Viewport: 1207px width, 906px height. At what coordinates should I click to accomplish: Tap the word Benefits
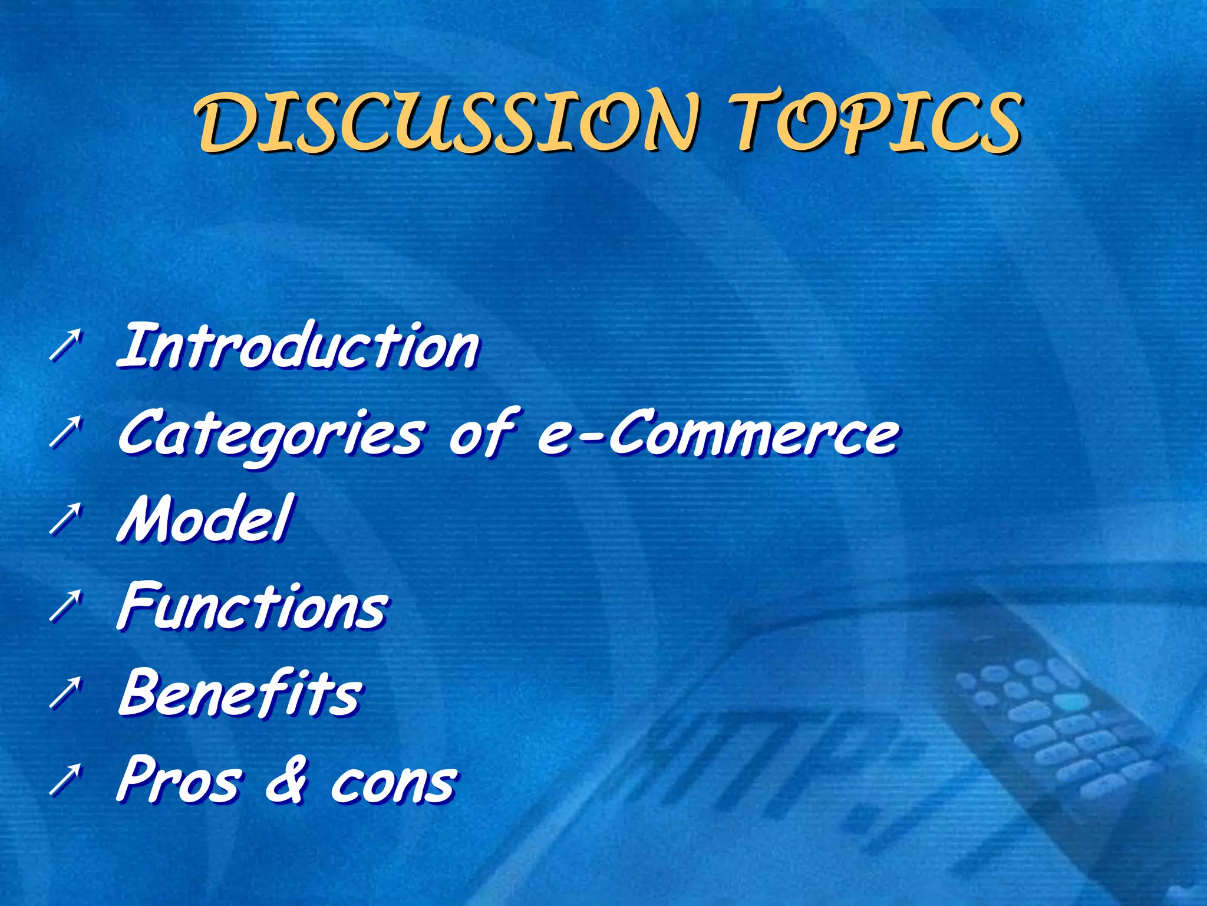(240, 692)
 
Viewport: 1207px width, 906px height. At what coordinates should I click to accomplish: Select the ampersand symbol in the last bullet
(286, 781)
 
